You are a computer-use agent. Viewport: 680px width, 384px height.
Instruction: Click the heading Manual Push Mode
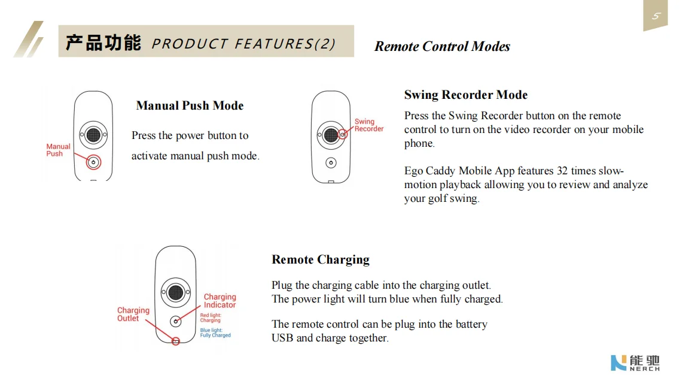190,106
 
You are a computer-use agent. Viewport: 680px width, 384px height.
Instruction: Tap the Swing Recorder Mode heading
465,95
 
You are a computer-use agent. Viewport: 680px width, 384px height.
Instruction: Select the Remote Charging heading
320,259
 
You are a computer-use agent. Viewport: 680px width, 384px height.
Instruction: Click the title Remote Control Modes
442,47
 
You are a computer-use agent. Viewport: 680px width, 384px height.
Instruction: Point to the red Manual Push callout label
58,150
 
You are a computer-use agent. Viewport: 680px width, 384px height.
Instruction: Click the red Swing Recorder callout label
368,125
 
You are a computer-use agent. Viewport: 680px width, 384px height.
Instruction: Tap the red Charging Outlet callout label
133,314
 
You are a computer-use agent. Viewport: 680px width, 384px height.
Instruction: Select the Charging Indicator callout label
219,301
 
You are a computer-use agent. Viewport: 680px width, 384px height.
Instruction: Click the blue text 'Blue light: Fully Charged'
215,332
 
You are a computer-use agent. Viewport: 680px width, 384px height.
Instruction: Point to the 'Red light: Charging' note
211,318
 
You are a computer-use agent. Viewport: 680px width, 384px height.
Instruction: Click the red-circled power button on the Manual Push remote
93,162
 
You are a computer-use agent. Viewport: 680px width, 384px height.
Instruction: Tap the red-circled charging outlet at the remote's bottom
175,341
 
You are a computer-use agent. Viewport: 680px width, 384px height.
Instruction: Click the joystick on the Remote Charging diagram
175,292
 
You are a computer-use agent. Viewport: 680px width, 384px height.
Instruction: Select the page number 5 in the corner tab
655,16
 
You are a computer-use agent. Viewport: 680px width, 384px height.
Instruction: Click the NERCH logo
635,362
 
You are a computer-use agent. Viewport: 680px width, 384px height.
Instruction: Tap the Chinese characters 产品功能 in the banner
103,43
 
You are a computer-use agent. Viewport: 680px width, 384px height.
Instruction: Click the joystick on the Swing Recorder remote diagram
331,135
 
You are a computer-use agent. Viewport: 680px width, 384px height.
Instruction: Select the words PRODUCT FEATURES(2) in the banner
243,44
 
